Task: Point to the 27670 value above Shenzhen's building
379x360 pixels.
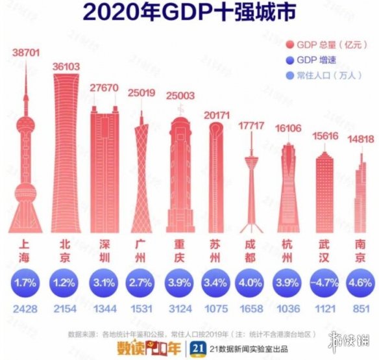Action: click(x=104, y=88)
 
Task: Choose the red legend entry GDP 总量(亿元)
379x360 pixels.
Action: click(x=321, y=45)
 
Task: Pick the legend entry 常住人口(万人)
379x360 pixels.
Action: click(x=322, y=77)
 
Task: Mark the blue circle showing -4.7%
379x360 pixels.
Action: click(x=323, y=283)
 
